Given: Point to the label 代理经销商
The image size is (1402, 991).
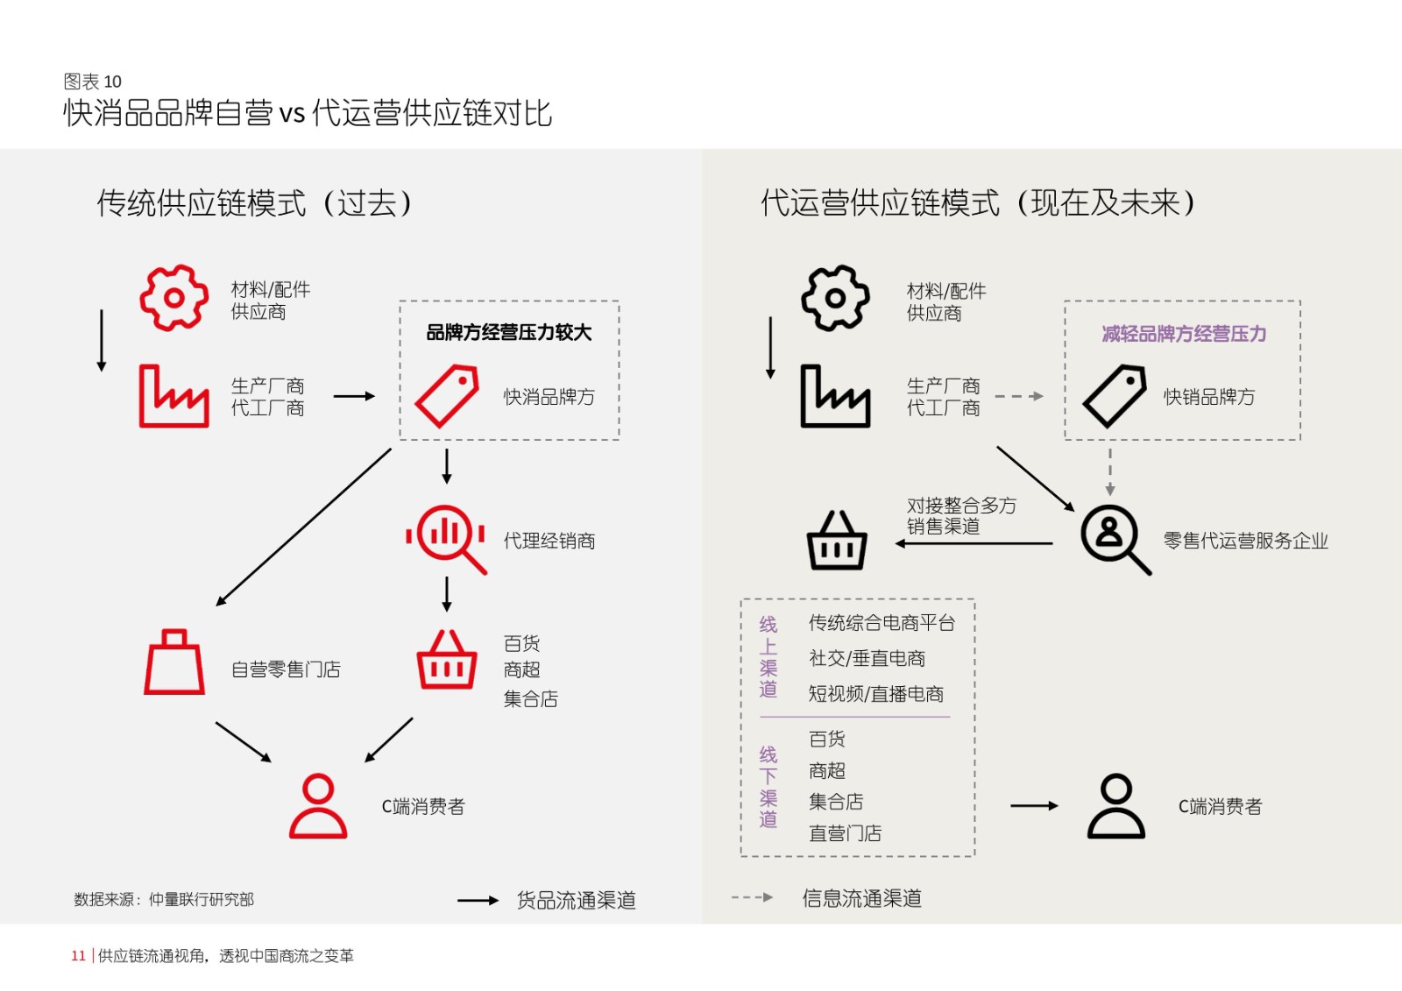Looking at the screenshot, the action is tap(549, 541).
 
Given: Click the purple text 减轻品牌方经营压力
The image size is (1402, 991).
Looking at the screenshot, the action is tap(1184, 334).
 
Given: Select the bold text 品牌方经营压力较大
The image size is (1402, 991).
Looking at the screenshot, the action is tap(508, 332).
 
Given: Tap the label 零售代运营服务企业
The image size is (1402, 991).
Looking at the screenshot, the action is tap(1245, 541).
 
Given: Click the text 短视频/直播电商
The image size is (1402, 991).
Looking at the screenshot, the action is tap(875, 694).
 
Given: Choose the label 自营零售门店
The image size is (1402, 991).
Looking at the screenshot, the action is tap(286, 669).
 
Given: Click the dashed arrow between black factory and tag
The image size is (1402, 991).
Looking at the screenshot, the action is tap(1019, 396).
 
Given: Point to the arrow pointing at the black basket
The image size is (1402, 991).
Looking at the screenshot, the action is tap(974, 543).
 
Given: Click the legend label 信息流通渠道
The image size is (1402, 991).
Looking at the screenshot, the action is tap(862, 898).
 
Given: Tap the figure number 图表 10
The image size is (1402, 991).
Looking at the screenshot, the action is tap(93, 81).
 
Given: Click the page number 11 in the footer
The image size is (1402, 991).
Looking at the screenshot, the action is tap(78, 955).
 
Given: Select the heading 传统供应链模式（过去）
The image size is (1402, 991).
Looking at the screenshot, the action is tap(254, 202).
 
